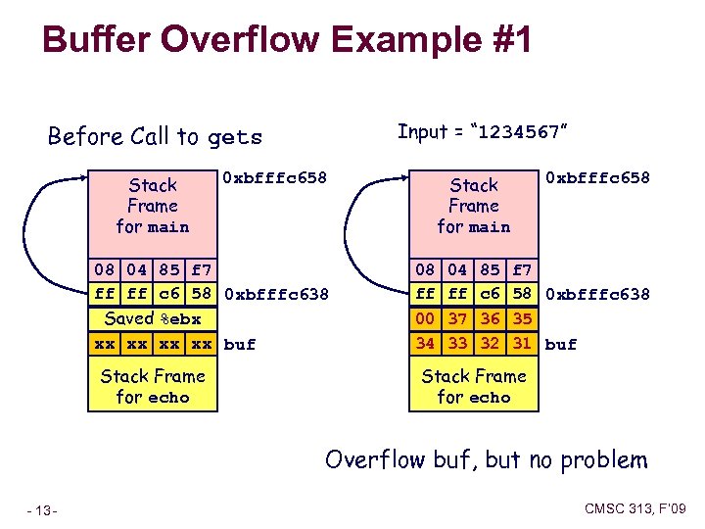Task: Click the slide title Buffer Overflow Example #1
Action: click(287, 40)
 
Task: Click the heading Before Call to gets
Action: click(155, 136)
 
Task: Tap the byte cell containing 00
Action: click(425, 318)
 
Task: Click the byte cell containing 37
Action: click(458, 318)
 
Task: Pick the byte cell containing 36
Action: click(492, 318)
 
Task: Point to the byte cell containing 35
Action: click(523, 318)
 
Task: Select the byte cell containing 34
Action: click(425, 343)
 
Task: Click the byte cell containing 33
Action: click(458, 343)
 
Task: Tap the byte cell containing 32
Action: click(492, 343)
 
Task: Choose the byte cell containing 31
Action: click(523, 343)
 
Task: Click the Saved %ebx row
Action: click(152, 318)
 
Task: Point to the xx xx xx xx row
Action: click(152, 344)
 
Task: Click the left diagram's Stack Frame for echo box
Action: click(152, 386)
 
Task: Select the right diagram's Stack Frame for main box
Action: click(474, 206)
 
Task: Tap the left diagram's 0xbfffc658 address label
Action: click(274, 178)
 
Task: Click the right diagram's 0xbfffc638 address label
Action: click(597, 294)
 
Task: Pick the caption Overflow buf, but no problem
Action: click(486, 459)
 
